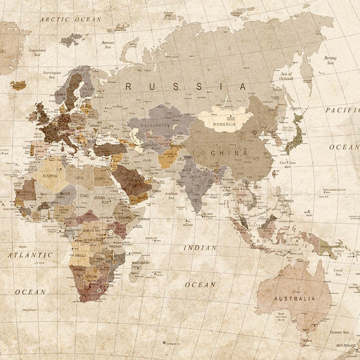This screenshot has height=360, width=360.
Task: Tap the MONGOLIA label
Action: point(224,124)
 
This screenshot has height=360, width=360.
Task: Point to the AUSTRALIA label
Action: point(294,298)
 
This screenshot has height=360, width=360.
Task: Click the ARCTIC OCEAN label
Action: point(70,20)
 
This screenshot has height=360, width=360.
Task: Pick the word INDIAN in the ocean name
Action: point(200,248)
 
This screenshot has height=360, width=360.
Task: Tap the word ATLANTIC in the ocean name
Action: point(30,255)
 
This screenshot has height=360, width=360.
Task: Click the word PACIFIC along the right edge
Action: point(342,109)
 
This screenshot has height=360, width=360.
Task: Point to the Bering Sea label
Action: point(330,59)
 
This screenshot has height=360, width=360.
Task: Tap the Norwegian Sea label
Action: point(51,74)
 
